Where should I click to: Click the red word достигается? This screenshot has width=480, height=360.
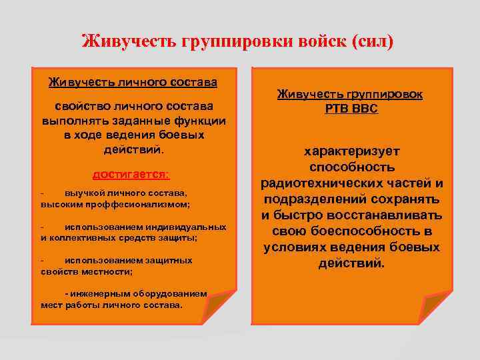click(x=131, y=174)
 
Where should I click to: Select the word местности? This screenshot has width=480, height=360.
click(x=109, y=271)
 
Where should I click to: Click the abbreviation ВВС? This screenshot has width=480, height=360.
click(x=365, y=109)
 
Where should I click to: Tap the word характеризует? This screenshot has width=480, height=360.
click(x=352, y=151)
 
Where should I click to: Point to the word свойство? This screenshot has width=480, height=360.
click(x=78, y=106)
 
